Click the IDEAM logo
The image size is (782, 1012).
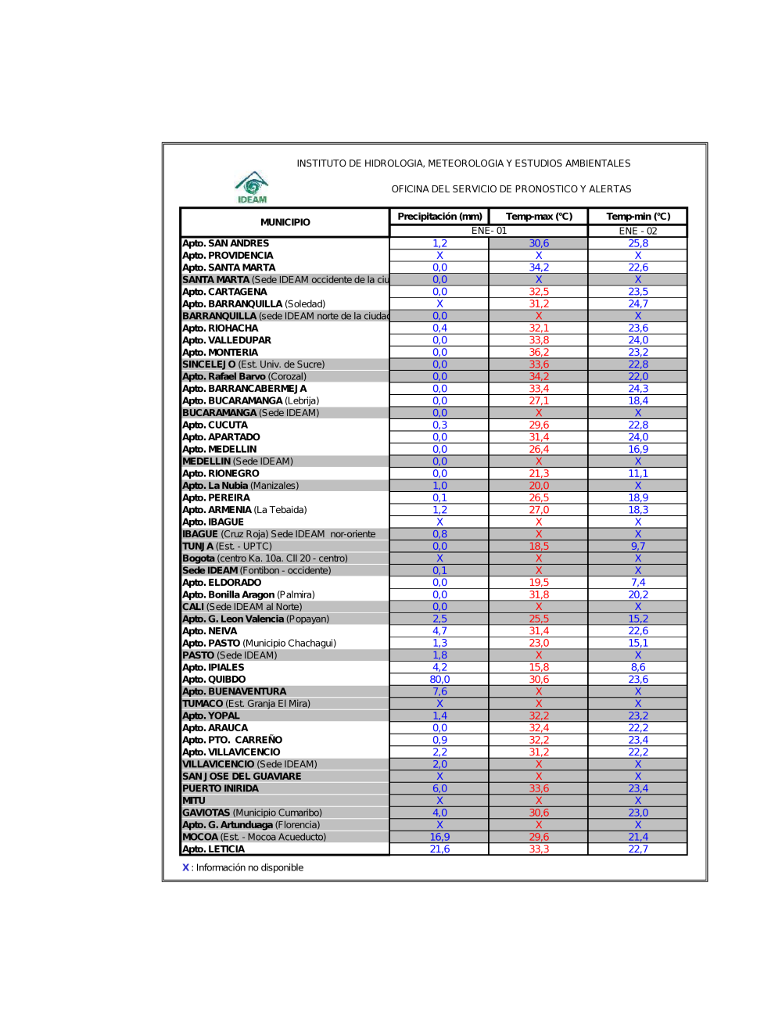click(252, 188)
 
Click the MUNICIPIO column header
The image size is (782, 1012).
click(285, 222)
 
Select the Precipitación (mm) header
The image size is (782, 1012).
click(439, 217)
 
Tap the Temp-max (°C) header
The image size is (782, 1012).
click(539, 217)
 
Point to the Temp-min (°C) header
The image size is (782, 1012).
click(638, 217)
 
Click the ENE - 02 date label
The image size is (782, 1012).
click(638, 231)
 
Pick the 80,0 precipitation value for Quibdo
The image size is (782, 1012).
click(439, 680)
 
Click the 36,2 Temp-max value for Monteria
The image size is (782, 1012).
click(539, 352)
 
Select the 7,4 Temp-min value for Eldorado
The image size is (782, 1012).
click(638, 583)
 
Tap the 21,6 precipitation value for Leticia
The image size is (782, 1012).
click(439, 849)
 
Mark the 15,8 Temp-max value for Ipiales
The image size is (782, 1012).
click(539, 667)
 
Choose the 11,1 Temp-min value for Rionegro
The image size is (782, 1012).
click(638, 473)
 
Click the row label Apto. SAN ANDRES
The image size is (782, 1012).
click(225, 243)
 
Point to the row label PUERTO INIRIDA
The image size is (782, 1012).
click(220, 788)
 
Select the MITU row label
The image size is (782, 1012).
click(193, 801)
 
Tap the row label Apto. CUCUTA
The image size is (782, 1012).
click(214, 425)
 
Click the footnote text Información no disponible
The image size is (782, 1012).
click(249, 867)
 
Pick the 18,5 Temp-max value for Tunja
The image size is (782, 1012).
click(539, 546)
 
